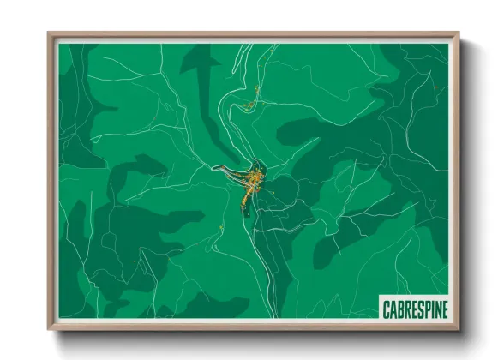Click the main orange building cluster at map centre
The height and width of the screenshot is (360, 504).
[250, 184]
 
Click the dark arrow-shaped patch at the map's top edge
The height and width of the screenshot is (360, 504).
[201, 69]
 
